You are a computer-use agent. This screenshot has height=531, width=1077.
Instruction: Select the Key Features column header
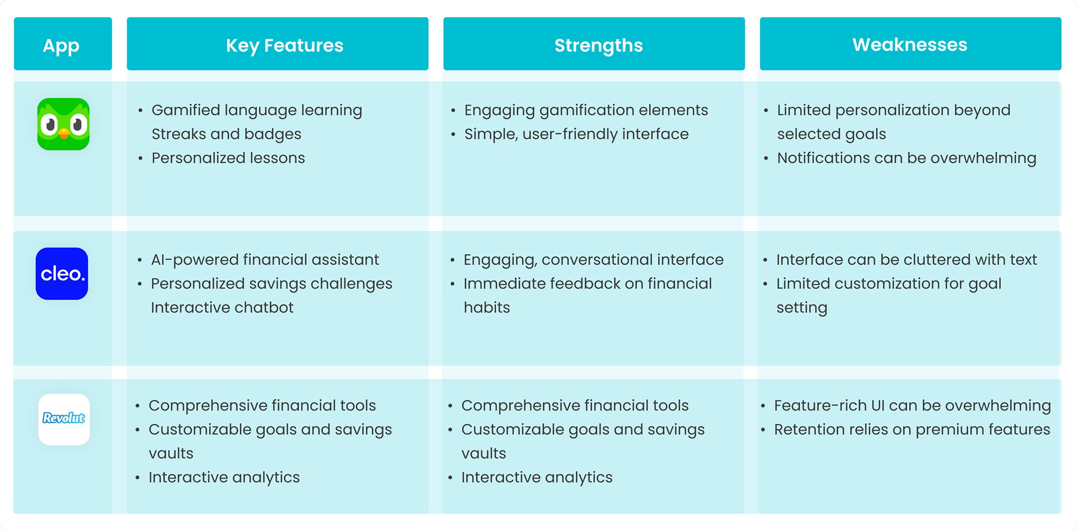tap(284, 45)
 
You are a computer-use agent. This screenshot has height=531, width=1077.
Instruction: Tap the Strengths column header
tap(598, 45)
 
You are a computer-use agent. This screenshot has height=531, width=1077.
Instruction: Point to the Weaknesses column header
tap(910, 45)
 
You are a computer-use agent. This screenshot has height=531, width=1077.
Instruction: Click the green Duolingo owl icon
tap(63, 124)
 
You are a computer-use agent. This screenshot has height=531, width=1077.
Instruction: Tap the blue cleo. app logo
tap(62, 273)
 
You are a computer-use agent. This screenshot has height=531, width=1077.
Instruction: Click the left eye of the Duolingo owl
tap(50, 124)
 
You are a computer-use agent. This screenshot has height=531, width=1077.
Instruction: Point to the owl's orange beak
tap(64, 134)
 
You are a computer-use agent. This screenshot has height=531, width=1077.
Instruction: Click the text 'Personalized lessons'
tap(228, 158)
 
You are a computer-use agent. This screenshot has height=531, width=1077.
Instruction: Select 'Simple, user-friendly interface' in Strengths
tap(576, 134)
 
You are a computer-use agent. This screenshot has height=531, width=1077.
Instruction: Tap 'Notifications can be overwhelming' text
tap(906, 158)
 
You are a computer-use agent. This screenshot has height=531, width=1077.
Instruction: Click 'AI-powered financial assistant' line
tap(265, 259)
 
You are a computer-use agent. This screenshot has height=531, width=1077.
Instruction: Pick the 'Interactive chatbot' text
tap(222, 307)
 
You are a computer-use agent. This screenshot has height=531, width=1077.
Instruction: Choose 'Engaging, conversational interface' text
tap(593, 259)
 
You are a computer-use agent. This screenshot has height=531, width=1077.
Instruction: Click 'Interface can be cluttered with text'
tap(906, 259)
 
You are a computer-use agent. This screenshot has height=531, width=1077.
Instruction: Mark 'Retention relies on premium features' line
tap(911, 430)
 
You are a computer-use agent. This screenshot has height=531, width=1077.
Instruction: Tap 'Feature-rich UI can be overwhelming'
tap(912, 406)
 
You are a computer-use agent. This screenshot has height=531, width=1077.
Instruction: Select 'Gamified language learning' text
tap(256, 110)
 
